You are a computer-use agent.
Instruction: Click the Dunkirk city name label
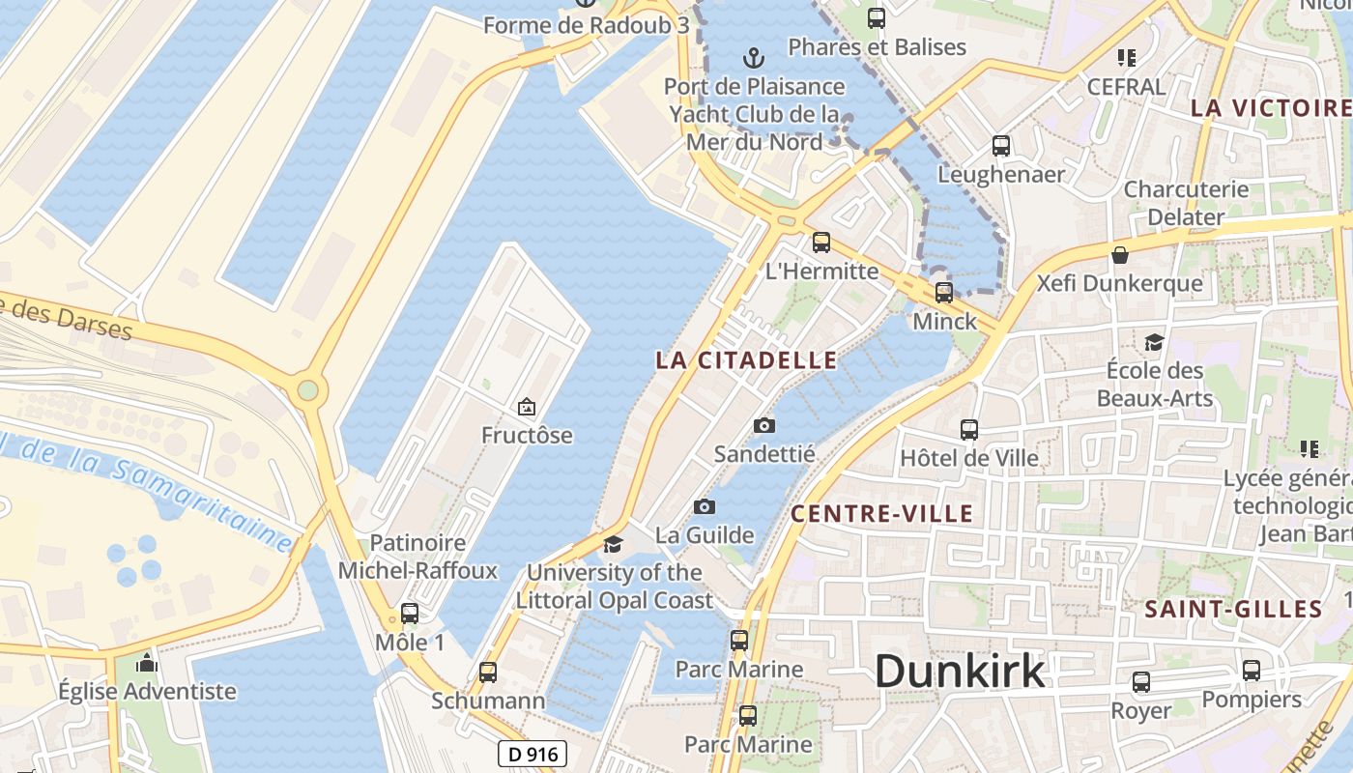click(x=960, y=671)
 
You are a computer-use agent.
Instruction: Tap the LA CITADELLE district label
click(x=746, y=360)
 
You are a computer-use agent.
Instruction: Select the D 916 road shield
click(x=533, y=754)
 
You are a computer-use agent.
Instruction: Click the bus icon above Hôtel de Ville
click(x=969, y=430)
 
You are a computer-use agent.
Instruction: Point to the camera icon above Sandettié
click(x=764, y=425)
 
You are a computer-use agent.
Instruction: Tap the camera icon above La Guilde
click(x=705, y=506)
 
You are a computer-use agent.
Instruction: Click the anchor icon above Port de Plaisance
click(x=753, y=58)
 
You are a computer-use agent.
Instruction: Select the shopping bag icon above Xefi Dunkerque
click(x=1120, y=255)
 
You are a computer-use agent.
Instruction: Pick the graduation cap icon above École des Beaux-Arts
click(x=1154, y=342)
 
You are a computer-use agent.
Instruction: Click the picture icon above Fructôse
click(x=527, y=407)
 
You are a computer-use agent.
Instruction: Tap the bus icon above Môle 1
click(x=410, y=614)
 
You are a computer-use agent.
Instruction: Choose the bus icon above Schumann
click(x=488, y=672)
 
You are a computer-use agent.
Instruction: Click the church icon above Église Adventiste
click(x=147, y=663)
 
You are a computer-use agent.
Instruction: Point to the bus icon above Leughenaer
click(x=1001, y=146)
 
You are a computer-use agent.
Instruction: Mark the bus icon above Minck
click(x=944, y=292)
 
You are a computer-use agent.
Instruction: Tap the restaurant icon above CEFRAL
click(x=1126, y=58)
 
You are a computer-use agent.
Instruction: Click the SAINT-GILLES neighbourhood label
click(x=1233, y=610)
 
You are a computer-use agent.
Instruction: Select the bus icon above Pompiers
click(x=1252, y=671)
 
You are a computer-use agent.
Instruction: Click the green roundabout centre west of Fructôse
click(x=307, y=390)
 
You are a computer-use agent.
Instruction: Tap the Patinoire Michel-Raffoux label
click(x=417, y=557)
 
